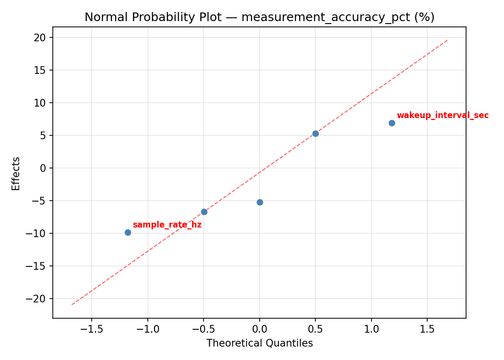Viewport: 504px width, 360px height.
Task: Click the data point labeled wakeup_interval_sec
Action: [392, 123]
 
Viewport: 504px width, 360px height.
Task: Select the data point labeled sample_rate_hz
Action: [128, 232]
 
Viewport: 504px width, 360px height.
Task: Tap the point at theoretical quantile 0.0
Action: [260, 202]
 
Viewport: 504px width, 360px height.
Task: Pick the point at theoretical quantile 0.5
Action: [315, 133]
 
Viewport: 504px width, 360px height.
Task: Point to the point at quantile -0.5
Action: [204, 212]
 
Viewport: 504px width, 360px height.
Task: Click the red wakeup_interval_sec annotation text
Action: [443, 115]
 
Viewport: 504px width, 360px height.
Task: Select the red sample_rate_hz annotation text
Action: [167, 225]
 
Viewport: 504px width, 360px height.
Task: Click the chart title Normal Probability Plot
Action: [259, 17]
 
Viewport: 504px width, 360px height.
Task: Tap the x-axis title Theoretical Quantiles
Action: [259, 343]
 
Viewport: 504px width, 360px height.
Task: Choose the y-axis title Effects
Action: [16, 173]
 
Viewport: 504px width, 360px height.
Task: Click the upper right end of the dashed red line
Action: [447, 40]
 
